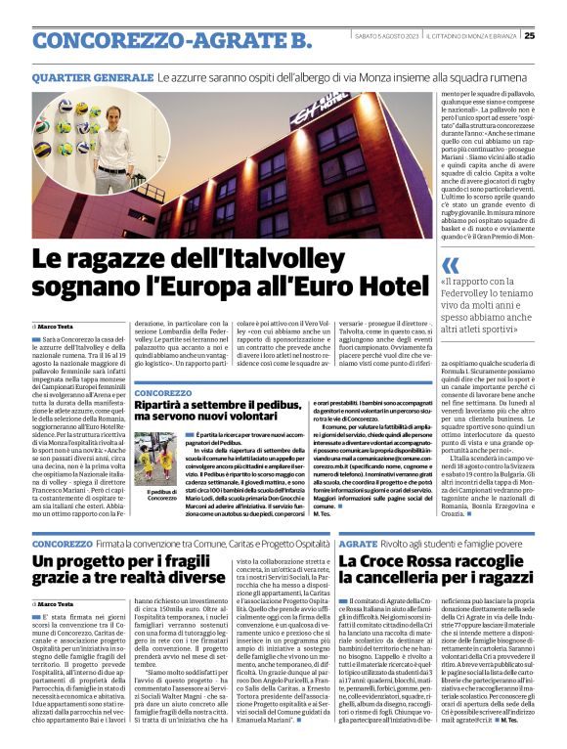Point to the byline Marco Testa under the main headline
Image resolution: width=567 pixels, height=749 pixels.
tap(60, 325)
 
